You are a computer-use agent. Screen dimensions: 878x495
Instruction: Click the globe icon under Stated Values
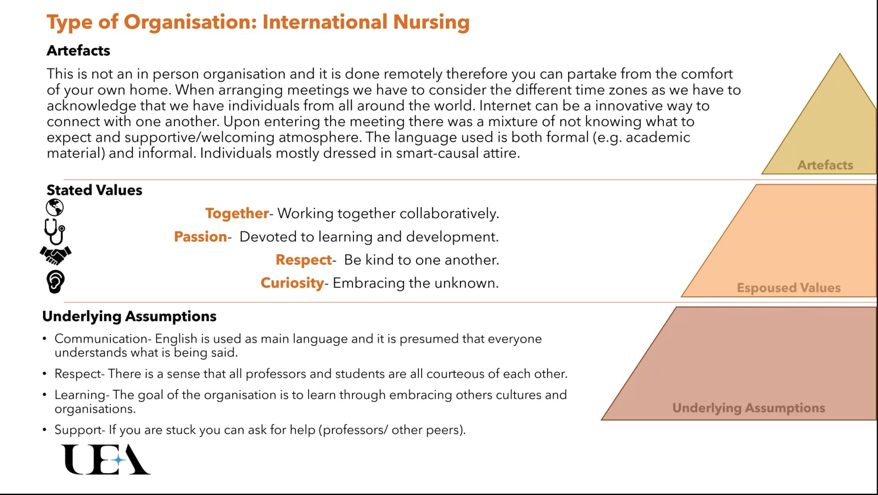[55, 208]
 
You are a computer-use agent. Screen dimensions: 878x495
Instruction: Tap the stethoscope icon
[55, 232]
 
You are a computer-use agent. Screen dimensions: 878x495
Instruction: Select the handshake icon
[56, 255]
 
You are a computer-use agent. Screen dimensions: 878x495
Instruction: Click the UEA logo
[106, 460]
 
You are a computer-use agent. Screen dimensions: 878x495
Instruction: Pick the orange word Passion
[200, 236]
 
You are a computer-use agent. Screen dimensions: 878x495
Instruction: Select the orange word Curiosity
[292, 283]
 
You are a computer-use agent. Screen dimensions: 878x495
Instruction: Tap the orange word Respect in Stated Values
[304, 260]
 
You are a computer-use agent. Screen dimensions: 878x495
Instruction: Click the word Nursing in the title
[431, 22]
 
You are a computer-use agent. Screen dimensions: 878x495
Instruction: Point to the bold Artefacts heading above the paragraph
[79, 50]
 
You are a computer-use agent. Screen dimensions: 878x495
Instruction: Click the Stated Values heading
[94, 190]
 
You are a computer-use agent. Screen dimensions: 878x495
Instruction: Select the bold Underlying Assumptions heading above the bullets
[129, 316]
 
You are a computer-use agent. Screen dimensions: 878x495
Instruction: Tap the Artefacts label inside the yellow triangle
[825, 165]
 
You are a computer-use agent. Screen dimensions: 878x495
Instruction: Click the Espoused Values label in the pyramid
[789, 288]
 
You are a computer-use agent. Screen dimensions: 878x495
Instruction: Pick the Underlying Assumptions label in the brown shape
[748, 408]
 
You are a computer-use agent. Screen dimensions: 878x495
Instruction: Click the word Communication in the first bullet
[101, 339]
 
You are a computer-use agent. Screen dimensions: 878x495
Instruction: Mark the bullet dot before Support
[44, 429]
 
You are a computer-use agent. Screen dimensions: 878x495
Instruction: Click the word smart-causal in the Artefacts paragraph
[437, 153]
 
